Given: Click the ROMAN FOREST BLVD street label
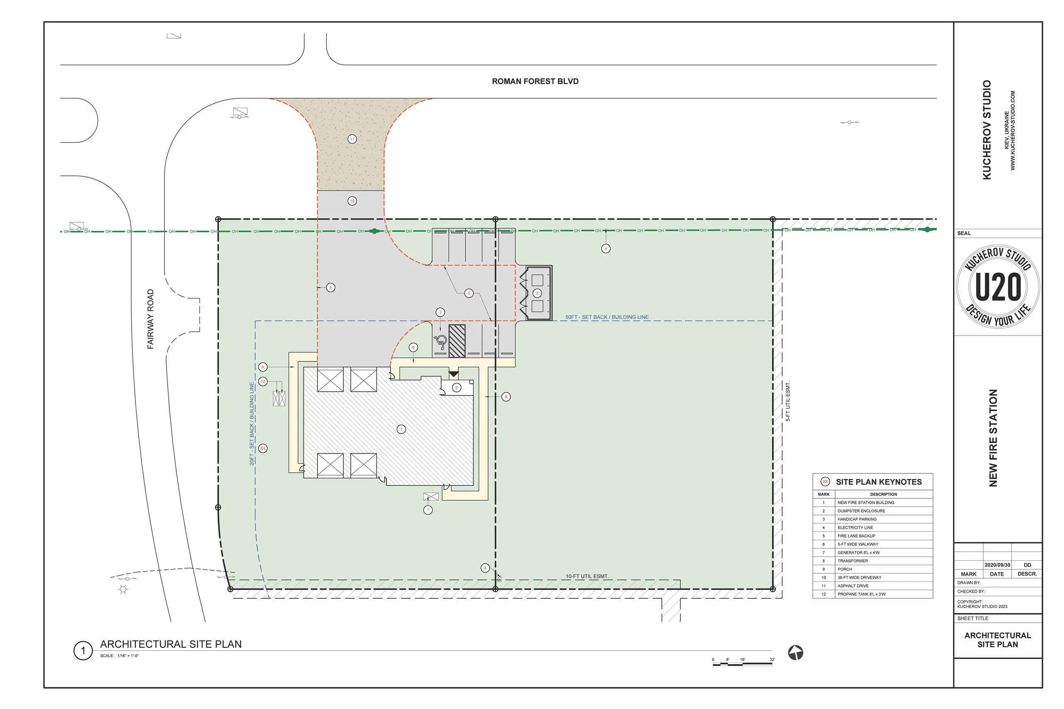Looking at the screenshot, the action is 535,81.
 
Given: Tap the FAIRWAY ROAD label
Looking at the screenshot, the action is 150,319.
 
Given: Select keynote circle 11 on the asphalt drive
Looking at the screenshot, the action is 352,139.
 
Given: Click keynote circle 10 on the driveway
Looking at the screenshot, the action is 352,201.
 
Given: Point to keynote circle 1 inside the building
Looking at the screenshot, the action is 401,429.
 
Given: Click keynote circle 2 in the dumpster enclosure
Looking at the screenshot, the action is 537,293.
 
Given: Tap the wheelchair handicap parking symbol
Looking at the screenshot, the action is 440,342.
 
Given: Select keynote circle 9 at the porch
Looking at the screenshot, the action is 457,388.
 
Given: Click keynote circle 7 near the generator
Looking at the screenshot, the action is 428,510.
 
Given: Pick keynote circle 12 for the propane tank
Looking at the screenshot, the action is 263,382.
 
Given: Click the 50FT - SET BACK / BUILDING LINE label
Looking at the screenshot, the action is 607,317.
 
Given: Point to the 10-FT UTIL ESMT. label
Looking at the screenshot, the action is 587,576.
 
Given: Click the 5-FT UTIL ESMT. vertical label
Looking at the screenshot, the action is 788,402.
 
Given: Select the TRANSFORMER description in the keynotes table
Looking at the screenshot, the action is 852,561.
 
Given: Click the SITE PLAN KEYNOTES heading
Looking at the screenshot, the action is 879,482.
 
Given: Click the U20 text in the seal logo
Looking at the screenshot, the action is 998,287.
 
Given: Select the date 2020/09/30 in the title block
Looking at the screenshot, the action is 997,565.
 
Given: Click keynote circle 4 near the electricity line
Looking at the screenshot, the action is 606,248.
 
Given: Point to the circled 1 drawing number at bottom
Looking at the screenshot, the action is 83,651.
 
